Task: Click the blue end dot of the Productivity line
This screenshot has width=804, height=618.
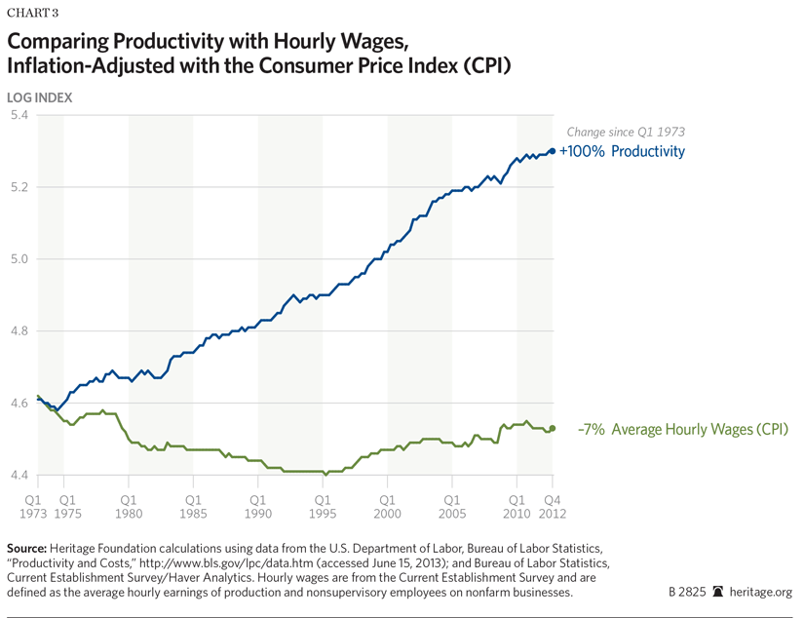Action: point(552,151)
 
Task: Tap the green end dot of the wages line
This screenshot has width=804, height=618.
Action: point(552,428)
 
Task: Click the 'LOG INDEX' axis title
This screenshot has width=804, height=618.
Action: point(39,97)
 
